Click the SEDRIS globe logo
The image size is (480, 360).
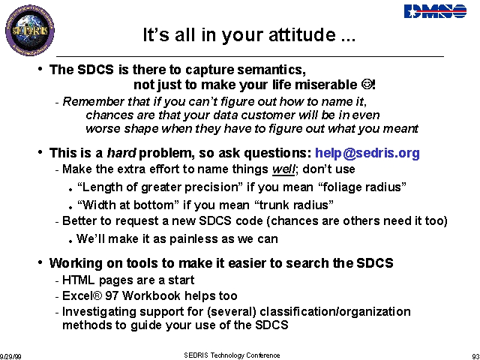click(x=30, y=30)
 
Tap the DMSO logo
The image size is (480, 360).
click(x=435, y=11)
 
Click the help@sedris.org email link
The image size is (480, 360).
click(x=367, y=153)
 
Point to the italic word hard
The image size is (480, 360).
click(x=121, y=153)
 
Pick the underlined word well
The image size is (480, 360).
click(x=283, y=169)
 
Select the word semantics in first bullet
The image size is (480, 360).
click(x=271, y=70)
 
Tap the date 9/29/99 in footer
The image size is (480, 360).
click(x=10, y=357)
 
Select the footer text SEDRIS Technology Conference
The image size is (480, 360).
click(x=232, y=355)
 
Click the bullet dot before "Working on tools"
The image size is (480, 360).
click(x=40, y=262)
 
